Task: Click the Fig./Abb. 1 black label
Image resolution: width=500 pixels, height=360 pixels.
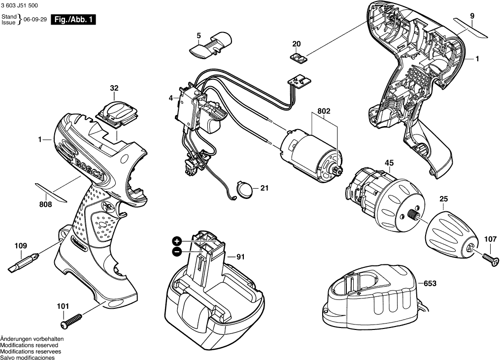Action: coord(74,20)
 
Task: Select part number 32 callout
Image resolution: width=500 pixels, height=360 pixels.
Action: coord(114,88)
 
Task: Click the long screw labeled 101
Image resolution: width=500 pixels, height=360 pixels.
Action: coord(73,319)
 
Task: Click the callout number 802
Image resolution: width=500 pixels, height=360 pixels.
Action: coord(324,111)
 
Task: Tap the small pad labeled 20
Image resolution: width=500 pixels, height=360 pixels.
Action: coord(297,58)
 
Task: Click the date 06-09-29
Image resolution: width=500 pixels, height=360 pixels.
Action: coord(36,21)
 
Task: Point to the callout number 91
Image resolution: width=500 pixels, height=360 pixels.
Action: coord(240,257)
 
